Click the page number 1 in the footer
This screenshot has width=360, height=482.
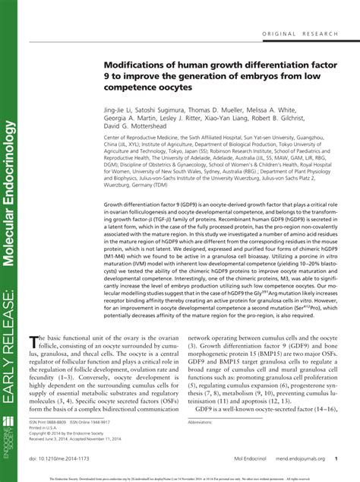pyautogui.click(x=335, y=460)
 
